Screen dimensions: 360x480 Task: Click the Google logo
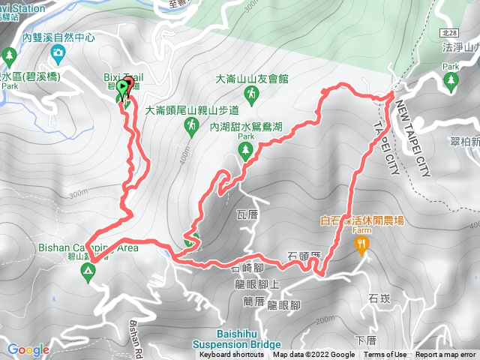[x=28, y=349]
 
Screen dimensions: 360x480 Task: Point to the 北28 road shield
[x=447, y=34]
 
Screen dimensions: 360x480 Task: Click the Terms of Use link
[x=385, y=355]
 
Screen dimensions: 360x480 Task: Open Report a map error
[x=445, y=355]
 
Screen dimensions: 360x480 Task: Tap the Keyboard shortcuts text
[x=232, y=355]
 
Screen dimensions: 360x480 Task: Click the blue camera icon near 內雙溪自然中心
[x=58, y=52]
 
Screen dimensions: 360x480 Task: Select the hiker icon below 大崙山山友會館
[x=253, y=94]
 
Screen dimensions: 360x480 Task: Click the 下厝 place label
[x=365, y=339]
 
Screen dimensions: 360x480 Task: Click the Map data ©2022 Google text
[x=313, y=355]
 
